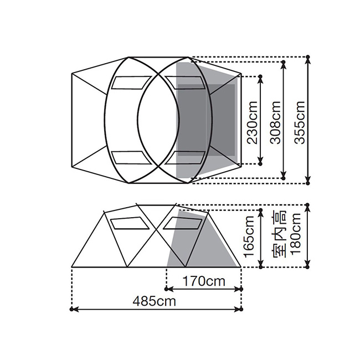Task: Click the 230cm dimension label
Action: pos(252,122)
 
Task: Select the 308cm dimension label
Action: pos(275,122)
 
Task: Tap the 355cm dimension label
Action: pos(299,122)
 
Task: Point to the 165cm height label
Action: pos(249,236)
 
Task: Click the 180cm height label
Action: pos(295,234)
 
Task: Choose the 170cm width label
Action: pos(204,281)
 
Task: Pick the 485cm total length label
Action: pos(155,301)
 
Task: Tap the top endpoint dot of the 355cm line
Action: pos(308,56)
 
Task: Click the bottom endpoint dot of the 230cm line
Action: pos(260,164)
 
